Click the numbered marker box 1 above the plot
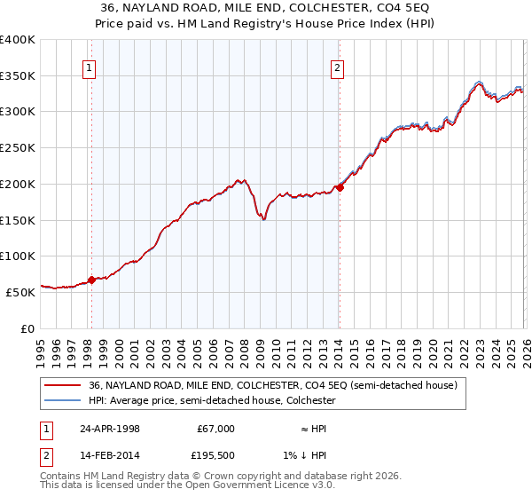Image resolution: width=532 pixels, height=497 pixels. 91,67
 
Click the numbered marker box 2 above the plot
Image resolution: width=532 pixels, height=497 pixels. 339,67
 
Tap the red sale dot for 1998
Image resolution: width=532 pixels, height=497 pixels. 91,280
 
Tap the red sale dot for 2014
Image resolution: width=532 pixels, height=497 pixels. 340,187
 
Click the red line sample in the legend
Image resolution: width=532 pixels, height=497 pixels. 63,385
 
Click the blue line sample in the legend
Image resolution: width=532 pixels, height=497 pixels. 63,400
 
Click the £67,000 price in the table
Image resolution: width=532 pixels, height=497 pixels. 215,429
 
